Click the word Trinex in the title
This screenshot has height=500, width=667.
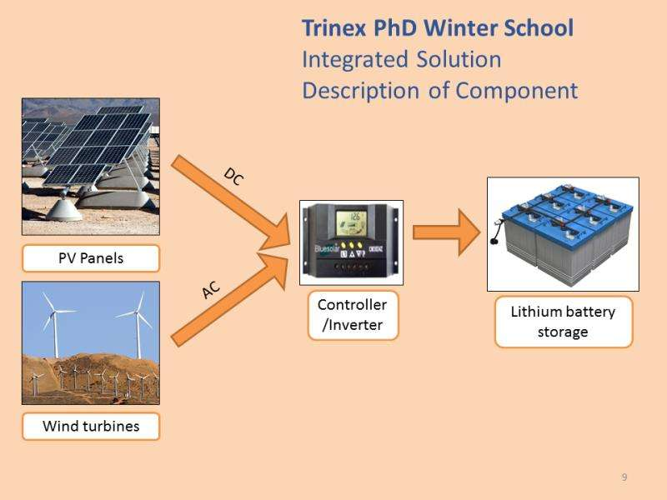[334, 28]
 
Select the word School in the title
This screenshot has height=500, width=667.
[539, 28]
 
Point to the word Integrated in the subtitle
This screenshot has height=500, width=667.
[356, 60]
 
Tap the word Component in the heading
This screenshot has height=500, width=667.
[517, 91]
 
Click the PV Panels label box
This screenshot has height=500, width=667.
[91, 258]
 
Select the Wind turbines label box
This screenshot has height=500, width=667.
[91, 426]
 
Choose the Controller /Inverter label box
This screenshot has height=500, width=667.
[353, 315]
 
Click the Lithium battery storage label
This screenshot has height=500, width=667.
[564, 322]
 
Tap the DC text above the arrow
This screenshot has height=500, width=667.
[233, 177]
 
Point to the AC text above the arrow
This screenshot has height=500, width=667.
[211, 290]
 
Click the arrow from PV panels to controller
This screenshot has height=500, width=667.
[230, 201]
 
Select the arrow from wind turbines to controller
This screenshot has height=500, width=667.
[230, 298]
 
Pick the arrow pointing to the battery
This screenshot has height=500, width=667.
[447, 232]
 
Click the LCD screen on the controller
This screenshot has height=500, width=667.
[351, 222]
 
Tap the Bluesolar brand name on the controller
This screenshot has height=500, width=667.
[327, 248]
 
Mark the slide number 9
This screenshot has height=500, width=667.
[624, 477]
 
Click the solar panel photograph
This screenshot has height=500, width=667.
[91, 167]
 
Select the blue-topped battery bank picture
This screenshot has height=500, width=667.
[563, 234]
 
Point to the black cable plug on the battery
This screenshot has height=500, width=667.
[494, 242]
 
